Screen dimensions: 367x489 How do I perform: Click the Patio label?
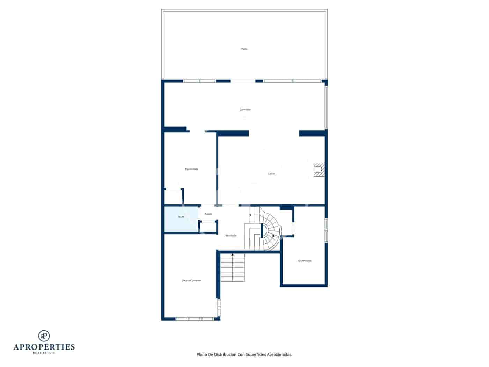point(244,49)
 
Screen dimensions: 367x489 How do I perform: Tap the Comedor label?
point(245,110)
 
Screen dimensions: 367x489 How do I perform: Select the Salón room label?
point(271,174)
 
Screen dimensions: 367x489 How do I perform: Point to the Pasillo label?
point(209,214)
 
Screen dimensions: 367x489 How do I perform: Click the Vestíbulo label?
point(231,236)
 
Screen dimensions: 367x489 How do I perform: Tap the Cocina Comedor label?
point(191,280)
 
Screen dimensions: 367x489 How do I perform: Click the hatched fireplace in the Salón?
point(319,170)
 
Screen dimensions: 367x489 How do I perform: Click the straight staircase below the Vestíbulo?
point(233,268)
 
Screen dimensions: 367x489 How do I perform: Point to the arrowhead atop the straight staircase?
point(233,255)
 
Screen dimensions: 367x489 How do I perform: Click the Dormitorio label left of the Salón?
point(192,169)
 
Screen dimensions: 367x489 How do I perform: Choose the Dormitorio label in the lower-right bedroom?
point(305,261)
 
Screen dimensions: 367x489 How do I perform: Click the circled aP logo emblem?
point(44,336)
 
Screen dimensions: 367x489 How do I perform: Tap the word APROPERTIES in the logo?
point(44,347)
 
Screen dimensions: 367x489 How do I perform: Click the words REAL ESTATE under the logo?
point(44,353)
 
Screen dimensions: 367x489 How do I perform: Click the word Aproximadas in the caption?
point(279,355)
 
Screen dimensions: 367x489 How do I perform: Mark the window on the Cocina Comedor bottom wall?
point(194,319)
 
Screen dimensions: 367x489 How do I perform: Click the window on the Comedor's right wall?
point(326,107)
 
